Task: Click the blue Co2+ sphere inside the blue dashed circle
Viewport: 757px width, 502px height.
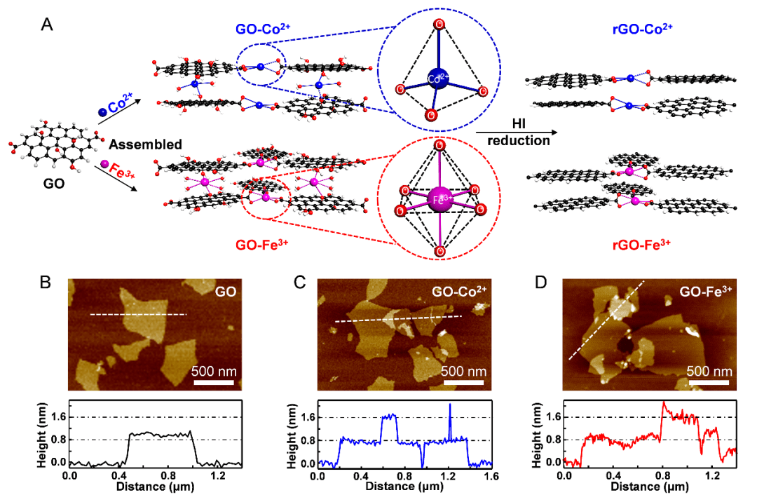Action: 439,77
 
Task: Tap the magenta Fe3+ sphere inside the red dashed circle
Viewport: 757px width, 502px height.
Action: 439,198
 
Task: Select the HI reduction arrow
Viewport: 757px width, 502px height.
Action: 518,132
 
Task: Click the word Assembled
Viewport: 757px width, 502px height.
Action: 146,144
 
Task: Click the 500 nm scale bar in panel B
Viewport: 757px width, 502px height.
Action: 213,383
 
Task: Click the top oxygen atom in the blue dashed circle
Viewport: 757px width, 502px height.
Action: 439,26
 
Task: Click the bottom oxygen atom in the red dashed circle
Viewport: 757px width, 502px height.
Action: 439,251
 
